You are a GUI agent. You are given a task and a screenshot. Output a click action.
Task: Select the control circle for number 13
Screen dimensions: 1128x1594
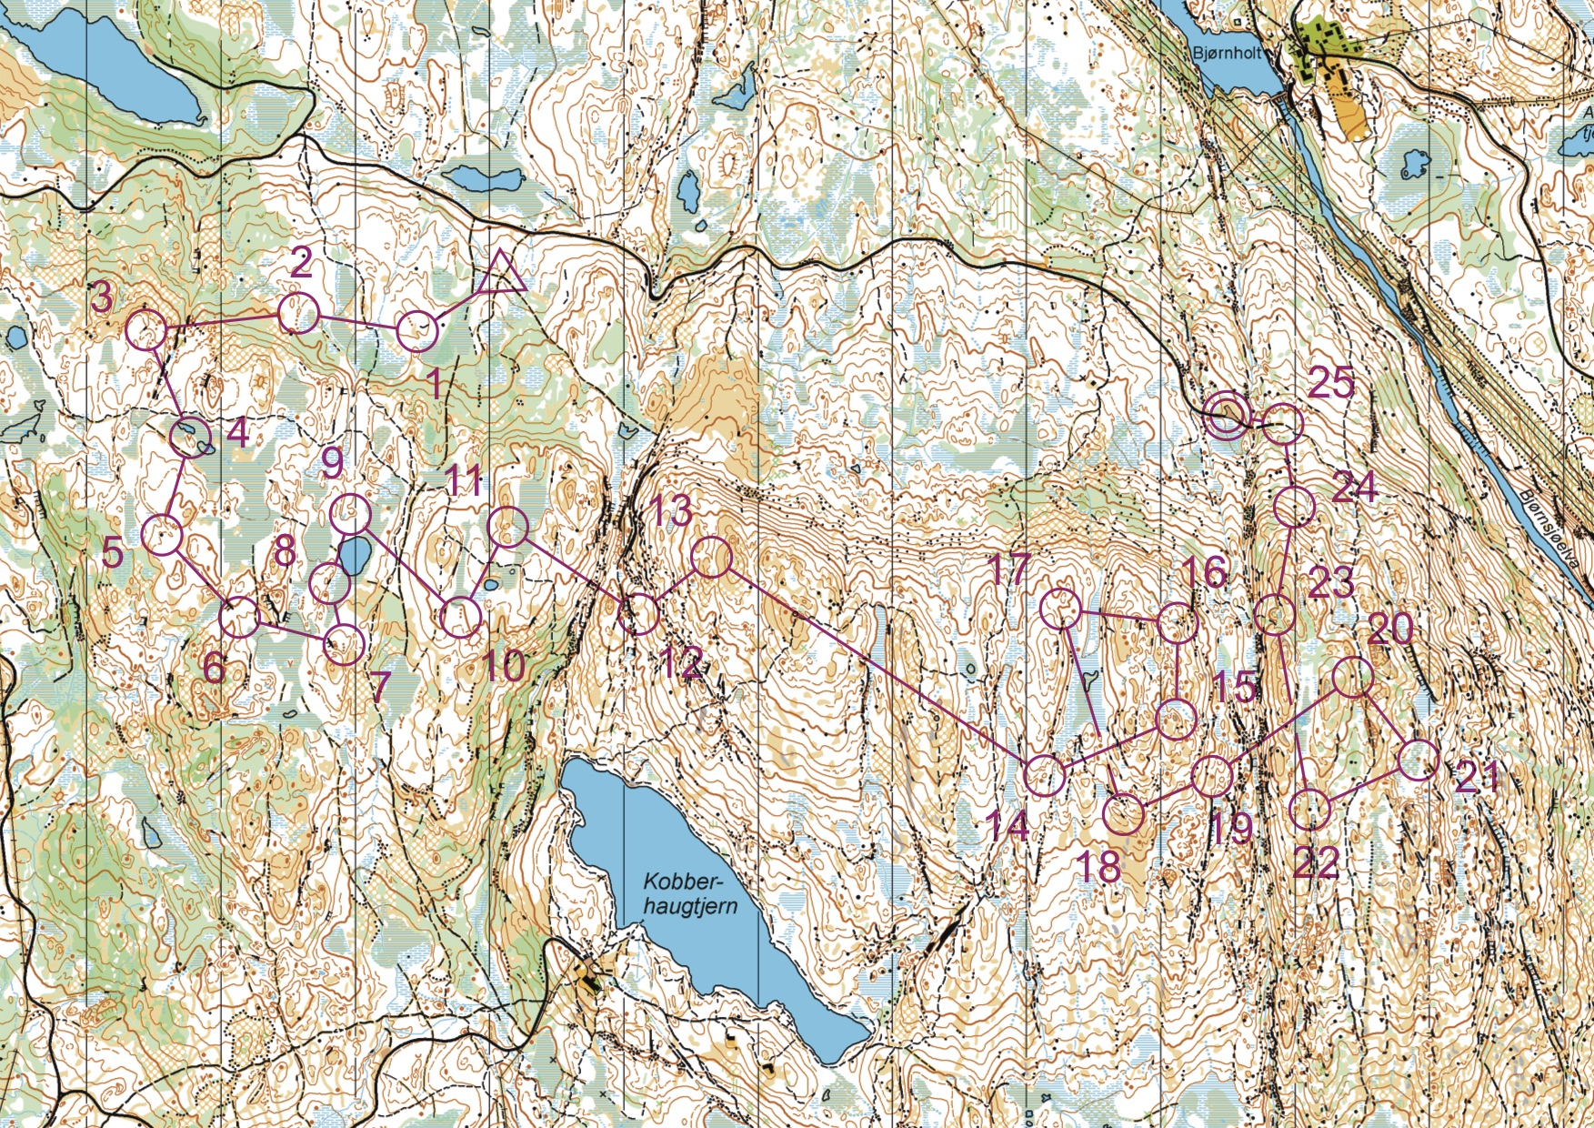(x=712, y=557)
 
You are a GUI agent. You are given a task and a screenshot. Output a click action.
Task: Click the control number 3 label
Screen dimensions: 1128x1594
(x=103, y=297)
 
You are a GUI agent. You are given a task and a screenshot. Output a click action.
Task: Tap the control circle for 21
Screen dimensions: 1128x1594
(x=1418, y=760)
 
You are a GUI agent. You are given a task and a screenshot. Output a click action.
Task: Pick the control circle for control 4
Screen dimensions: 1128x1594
(x=191, y=438)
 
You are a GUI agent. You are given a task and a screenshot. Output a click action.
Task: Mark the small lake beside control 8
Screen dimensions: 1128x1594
(x=354, y=556)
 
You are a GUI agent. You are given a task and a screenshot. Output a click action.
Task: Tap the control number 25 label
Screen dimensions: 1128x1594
(x=1331, y=384)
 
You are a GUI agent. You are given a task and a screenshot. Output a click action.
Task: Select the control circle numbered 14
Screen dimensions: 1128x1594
(x=1044, y=775)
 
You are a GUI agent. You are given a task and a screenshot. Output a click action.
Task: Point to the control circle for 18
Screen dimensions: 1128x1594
(x=1124, y=813)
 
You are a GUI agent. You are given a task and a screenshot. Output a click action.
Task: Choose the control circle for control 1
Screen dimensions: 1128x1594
(x=418, y=330)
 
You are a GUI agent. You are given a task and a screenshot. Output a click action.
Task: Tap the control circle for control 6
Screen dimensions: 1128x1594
(x=240, y=618)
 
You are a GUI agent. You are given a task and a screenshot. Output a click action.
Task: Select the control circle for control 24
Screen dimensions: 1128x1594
(x=1295, y=507)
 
